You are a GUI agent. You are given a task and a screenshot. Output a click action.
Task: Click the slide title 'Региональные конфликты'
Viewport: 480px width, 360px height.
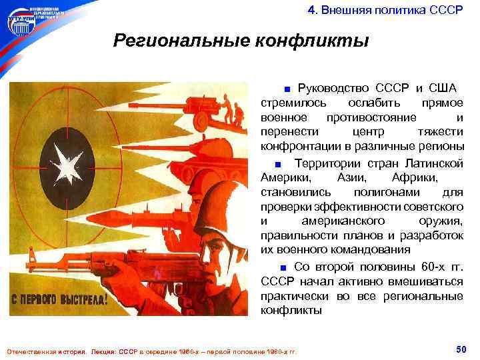241,41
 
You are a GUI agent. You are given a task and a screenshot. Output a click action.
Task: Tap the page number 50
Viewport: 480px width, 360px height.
460,349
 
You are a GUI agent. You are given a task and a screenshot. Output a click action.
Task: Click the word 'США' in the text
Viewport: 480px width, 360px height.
442,89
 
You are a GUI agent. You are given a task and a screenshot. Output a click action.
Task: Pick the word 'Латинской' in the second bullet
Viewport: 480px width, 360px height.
434,164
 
